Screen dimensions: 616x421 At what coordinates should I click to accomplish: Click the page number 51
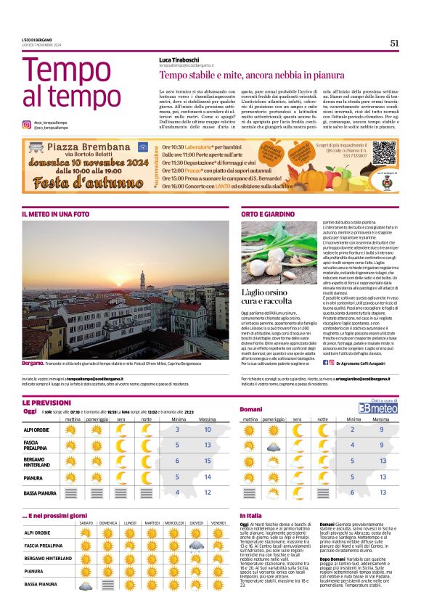point(394,43)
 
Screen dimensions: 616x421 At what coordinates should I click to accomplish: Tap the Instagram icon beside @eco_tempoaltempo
point(27,125)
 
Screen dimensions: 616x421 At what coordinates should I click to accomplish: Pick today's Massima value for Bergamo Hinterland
point(208,461)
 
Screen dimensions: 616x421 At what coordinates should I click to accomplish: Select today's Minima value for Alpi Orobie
point(177,430)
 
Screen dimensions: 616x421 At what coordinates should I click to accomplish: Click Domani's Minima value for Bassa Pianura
point(352,493)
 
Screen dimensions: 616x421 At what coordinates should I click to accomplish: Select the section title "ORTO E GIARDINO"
point(268,215)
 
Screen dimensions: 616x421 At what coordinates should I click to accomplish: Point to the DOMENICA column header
point(108,523)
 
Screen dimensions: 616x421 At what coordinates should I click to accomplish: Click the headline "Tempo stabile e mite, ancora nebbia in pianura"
point(251,75)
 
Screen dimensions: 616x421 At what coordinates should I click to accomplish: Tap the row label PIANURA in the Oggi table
point(35,477)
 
